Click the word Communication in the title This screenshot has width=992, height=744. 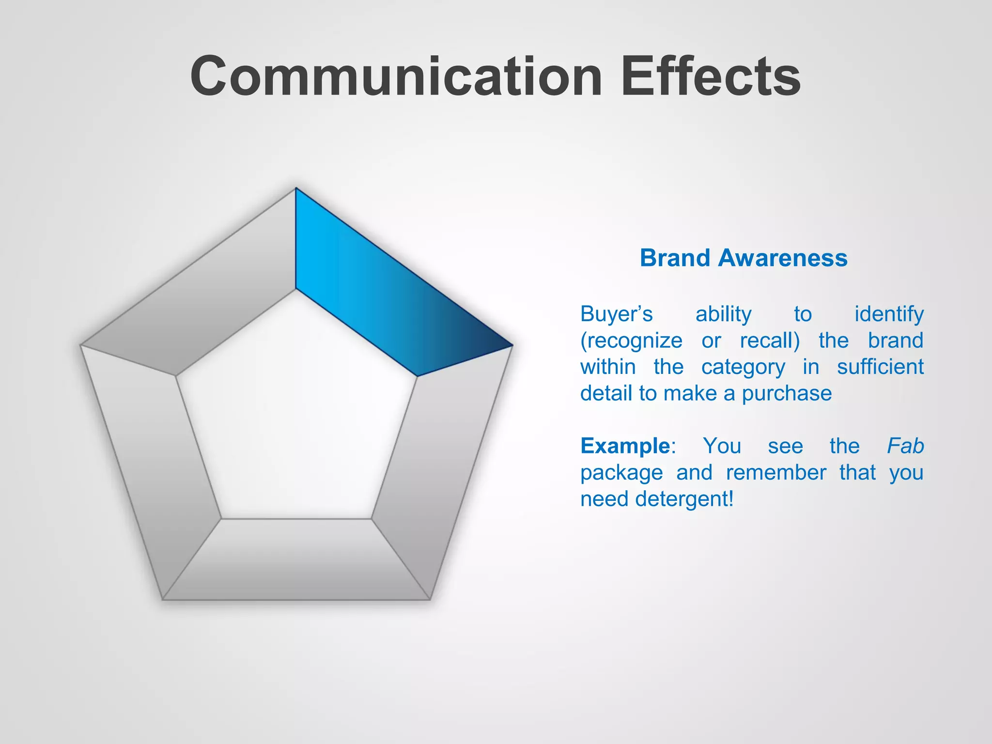395,77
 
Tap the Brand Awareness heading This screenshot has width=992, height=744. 744,258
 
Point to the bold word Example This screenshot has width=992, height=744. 625,446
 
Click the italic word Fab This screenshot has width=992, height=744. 905,446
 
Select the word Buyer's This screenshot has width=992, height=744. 616,314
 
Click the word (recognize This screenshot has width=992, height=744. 631,341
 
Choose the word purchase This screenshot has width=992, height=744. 787,393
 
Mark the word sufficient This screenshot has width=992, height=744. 880,367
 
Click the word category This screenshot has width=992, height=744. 743,368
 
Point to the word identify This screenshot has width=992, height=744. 889,314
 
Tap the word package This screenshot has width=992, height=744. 621,473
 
